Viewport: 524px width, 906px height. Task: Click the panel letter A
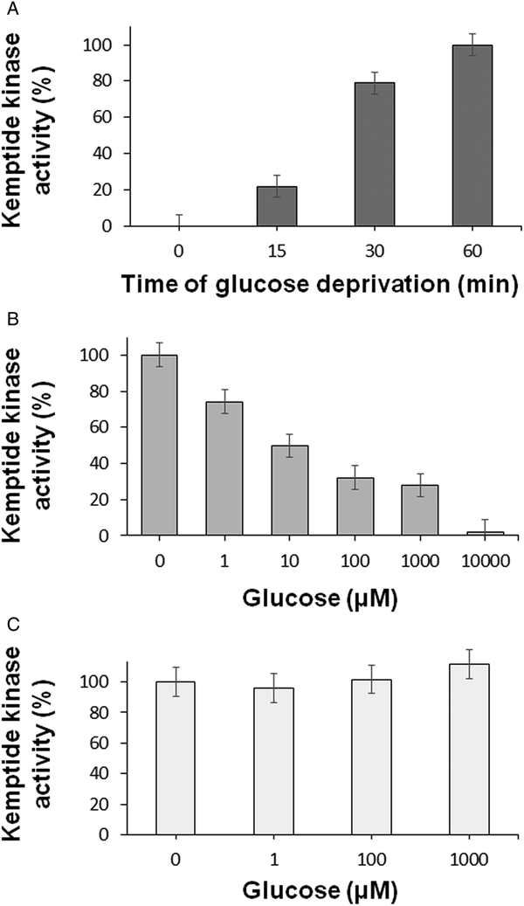click(x=9, y=8)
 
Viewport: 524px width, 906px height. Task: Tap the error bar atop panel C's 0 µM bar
click(x=176, y=681)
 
